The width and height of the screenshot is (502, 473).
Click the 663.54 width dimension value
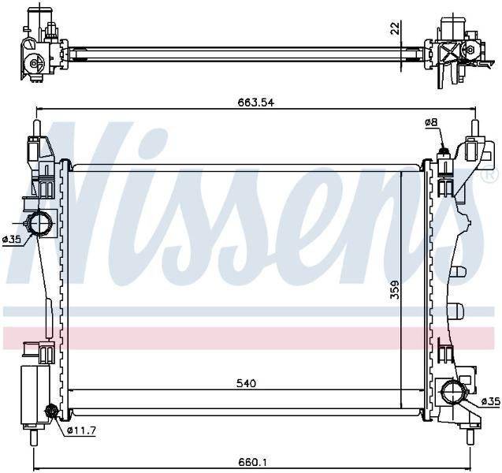click(x=256, y=102)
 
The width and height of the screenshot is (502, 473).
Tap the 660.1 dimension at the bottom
click(x=253, y=462)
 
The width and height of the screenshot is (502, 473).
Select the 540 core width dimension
click(x=247, y=383)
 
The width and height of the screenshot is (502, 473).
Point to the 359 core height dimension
click(x=395, y=289)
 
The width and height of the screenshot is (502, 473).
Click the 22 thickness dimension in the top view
click(x=396, y=28)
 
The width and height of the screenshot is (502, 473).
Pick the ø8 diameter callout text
click(x=431, y=122)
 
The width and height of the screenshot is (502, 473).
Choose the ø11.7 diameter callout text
click(x=82, y=430)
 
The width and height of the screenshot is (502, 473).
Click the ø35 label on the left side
click(x=12, y=239)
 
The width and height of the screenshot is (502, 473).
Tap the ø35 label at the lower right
click(x=490, y=401)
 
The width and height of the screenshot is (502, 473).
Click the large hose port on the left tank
click(x=39, y=223)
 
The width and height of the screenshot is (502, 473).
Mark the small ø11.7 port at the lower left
click(x=51, y=412)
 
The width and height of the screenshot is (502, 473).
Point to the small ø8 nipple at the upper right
click(x=444, y=151)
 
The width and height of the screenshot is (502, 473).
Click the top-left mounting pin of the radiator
click(x=37, y=128)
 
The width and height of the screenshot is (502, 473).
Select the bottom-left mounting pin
click(x=34, y=438)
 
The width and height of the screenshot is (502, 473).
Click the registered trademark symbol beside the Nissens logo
click(x=493, y=175)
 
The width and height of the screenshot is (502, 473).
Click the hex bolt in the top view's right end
click(x=470, y=50)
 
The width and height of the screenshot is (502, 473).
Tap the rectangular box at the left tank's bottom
click(x=35, y=395)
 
